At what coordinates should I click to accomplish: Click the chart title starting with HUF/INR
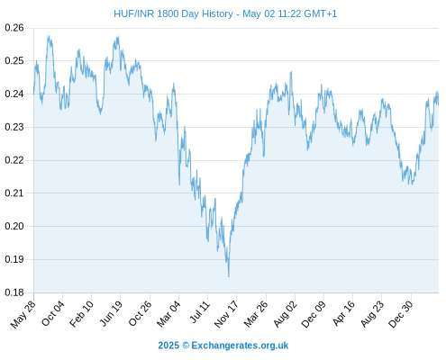225,13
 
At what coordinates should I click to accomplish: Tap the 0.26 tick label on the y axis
14,28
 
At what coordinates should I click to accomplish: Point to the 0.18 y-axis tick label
14,292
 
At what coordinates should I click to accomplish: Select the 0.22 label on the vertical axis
14,160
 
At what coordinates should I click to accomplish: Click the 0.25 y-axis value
14,61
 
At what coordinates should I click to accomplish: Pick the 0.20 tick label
14,226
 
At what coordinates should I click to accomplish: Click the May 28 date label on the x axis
23,314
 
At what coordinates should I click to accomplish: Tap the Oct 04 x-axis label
53,313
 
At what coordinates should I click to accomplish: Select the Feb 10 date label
81,314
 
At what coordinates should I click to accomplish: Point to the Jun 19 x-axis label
111,313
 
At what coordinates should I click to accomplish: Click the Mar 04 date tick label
168,314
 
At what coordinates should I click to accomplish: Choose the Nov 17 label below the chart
226,314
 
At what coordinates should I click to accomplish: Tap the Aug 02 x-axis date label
286,314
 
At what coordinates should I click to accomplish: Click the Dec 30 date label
401,314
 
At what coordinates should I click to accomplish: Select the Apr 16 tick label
343,313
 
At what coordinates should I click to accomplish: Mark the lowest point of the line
229,276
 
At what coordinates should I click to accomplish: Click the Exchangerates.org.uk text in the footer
240,346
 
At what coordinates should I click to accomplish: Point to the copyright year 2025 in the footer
168,346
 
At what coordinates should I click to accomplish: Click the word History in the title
217,13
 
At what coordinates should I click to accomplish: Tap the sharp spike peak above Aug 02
291,72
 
